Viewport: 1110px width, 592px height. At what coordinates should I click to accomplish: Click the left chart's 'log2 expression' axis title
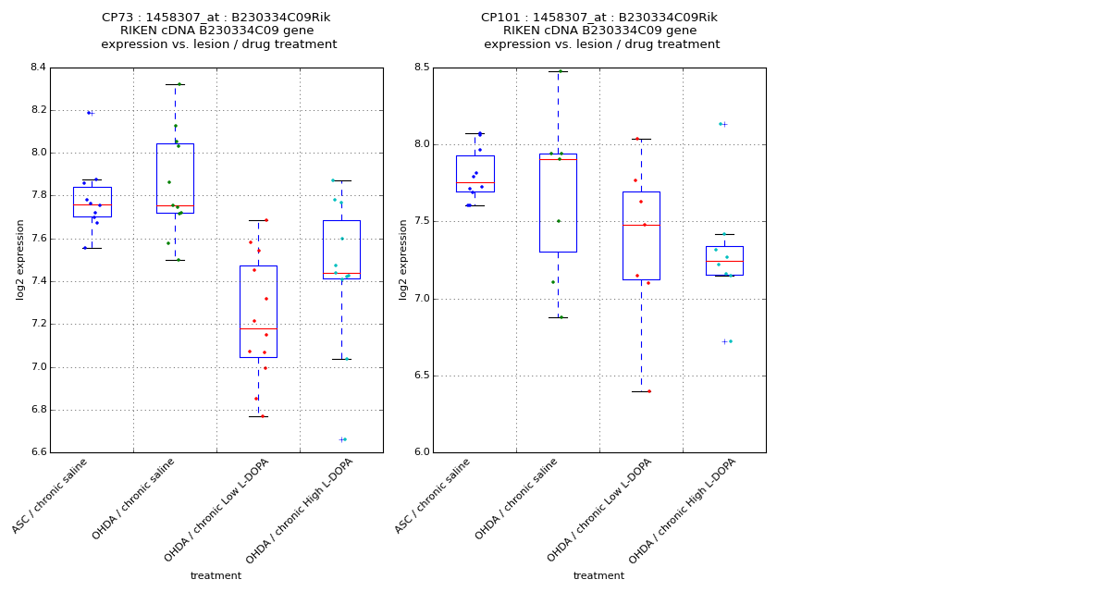(20, 259)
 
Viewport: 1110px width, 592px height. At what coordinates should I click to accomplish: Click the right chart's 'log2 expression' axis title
(403, 259)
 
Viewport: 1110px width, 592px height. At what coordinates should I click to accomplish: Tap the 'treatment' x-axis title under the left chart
(216, 576)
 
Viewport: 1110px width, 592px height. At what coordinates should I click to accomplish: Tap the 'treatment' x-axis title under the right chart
(598, 576)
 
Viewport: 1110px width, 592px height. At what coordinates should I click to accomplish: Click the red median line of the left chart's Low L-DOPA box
(258, 328)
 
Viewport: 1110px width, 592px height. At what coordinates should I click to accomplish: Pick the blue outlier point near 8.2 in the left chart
(89, 113)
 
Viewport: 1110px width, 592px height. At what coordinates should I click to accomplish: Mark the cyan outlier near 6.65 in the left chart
(344, 439)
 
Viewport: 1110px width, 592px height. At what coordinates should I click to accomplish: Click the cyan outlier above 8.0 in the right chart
(721, 124)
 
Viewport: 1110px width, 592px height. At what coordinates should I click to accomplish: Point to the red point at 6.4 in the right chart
(648, 391)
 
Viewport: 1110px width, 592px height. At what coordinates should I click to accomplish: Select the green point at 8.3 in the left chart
(179, 84)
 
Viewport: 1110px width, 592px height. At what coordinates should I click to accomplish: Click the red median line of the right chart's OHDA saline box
(558, 159)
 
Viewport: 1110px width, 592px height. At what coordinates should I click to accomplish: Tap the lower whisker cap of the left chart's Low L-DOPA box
(258, 416)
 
